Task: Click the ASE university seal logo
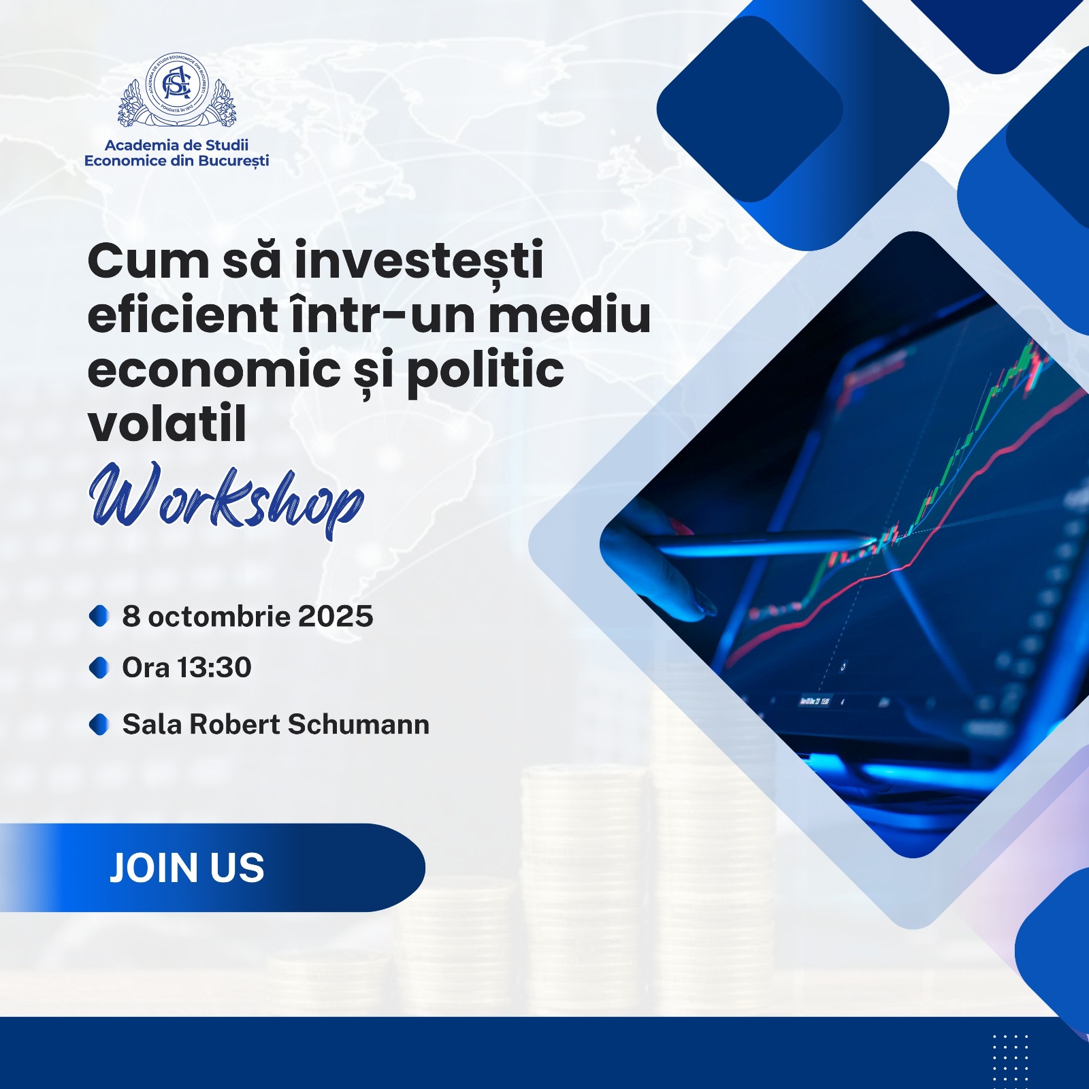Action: [x=176, y=91]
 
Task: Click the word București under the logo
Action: [x=233, y=161]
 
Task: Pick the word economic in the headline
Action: [x=214, y=370]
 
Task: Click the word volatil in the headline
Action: [x=167, y=423]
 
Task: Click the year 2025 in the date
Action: [x=336, y=617]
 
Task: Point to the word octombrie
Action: [x=219, y=617]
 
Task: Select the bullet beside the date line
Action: [x=99, y=616]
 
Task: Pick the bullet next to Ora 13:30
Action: [x=99, y=668]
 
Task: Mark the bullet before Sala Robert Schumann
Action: [x=99, y=724]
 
